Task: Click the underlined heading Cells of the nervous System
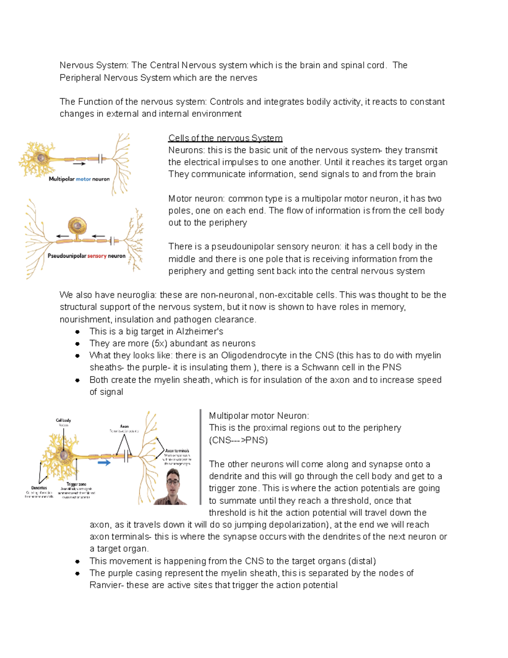(225, 138)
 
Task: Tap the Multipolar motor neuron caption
(79, 179)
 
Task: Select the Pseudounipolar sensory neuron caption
(86, 256)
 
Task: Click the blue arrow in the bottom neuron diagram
(104, 463)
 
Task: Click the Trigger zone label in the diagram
(76, 484)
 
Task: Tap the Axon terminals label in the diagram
(177, 451)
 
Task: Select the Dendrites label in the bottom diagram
(39, 488)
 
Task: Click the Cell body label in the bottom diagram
(63, 420)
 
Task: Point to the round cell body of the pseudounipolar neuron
(77, 226)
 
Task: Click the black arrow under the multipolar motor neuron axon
(79, 164)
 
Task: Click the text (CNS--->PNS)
(238, 440)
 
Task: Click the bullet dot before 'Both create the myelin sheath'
(77, 380)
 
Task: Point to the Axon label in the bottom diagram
(124, 426)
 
